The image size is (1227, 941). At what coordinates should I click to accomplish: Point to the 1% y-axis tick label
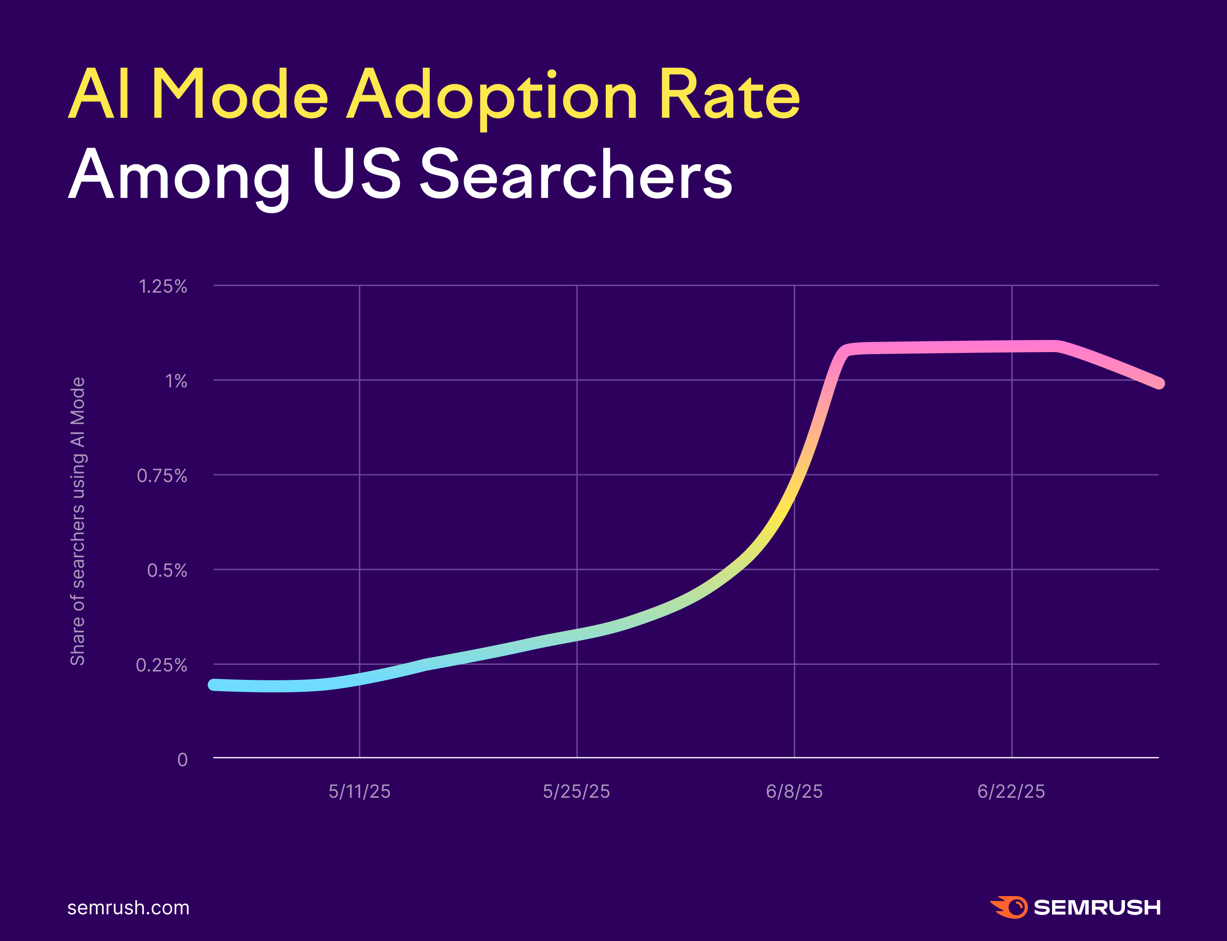pyautogui.click(x=176, y=381)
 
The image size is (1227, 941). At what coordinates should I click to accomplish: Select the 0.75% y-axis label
pyautogui.click(x=162, y=476)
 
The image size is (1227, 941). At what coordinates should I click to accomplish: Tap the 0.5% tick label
pyautogui.click(x=167, y=571)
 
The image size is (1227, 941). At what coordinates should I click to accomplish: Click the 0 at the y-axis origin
pyautogui.click(x=183, y=760)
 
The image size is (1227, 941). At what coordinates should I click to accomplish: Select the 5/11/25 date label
pyautogui.click(x=359, y=791)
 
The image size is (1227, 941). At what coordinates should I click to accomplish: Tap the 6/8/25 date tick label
pyautogui.click(x=794, y=791)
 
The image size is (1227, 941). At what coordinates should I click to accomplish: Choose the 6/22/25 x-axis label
pyautogui.click(x=1011, y=791)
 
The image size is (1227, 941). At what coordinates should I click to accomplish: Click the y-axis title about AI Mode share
pyautogui.click(x=77, y=521)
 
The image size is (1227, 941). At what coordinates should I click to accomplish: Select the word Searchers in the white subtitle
pyautogui.click(x=576, y=175)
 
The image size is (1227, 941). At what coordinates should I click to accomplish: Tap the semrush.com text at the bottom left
pyautogui.click(x=128, y=908)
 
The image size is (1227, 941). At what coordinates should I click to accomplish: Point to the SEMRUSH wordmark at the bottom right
pyautogui.click(x=1097, y=907)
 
